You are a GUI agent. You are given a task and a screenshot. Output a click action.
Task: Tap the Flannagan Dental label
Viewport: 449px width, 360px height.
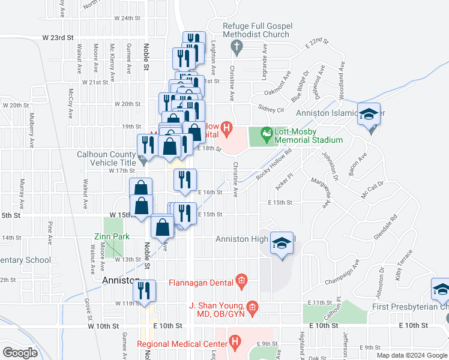200,283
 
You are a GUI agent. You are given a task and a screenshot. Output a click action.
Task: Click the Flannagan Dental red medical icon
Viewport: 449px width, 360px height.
241,280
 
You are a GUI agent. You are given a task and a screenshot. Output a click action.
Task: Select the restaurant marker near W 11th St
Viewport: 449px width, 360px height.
144,291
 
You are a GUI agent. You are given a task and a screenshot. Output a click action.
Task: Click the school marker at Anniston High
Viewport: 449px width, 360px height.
282,242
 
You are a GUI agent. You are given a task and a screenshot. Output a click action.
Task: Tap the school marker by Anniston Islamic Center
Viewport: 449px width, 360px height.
369,114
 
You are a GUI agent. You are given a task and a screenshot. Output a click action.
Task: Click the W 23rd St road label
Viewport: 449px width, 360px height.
58,37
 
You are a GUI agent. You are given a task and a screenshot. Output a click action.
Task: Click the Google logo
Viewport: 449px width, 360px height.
20,352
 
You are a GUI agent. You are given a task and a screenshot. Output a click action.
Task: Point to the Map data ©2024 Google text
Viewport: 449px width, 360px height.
412,355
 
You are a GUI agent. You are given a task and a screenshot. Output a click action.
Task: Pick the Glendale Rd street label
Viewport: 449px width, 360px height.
385,224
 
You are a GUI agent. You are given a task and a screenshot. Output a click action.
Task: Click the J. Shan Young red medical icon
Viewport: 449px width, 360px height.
252,308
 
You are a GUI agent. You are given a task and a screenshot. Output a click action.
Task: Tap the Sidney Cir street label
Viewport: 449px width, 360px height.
271,109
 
